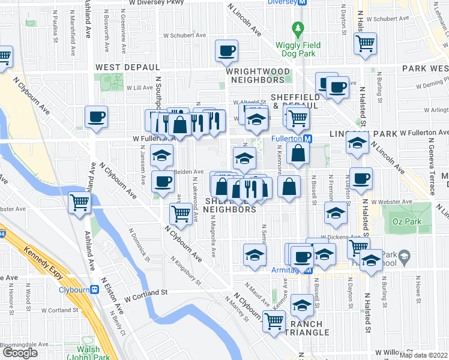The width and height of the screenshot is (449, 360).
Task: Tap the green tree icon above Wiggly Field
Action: pyautogui.click(x=296, y=28)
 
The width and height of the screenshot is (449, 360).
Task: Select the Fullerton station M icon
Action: pyautogui.click(x=307, y=138)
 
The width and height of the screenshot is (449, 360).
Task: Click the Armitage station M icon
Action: pyautogui.click(x=309, y=271)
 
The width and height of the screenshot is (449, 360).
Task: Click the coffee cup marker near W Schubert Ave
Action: pyautogui.click(x=226, y=51)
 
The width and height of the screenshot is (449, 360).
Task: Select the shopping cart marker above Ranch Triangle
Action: pyautogui.click(x=274, y=321)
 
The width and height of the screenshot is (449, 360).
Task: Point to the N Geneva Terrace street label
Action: pyautogui.click(x=430, y=168)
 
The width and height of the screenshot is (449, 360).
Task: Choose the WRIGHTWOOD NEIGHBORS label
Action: pyautogui.click(x=255, y=75)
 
